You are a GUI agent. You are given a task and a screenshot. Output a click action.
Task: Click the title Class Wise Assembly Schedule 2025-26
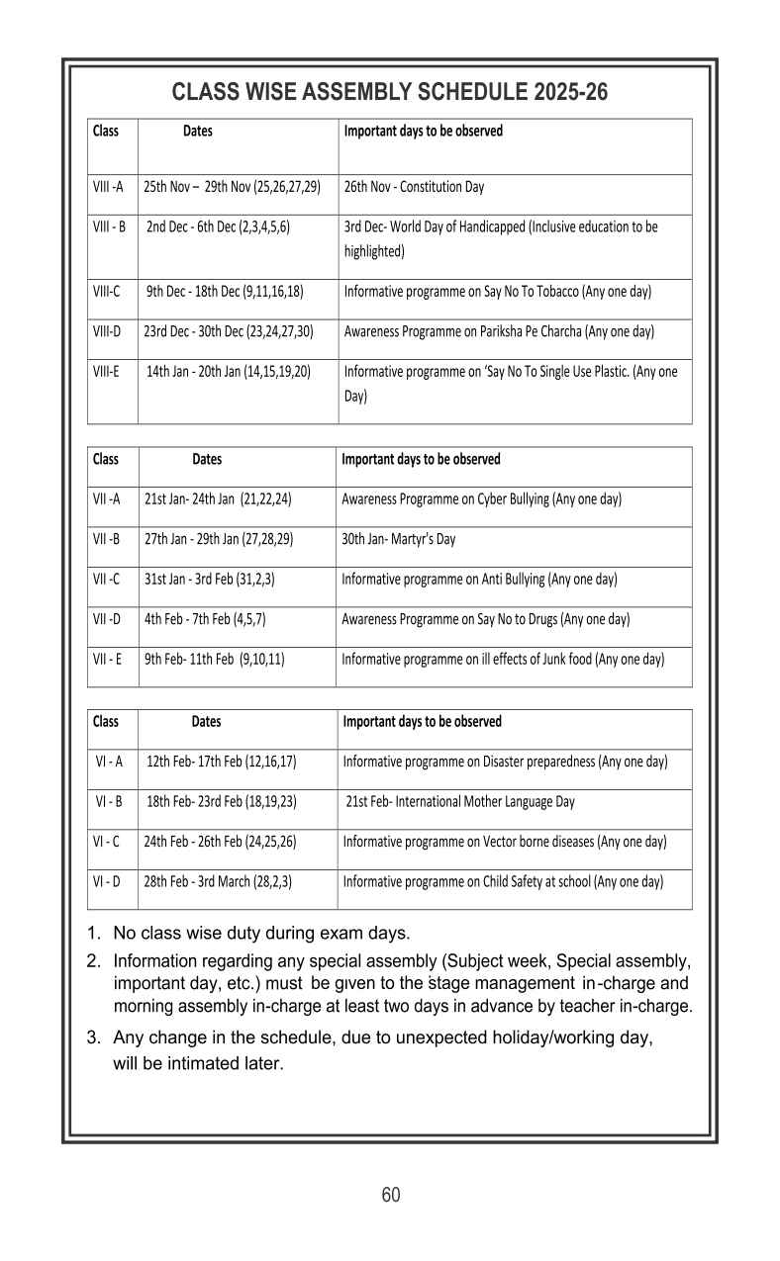coord(389,93)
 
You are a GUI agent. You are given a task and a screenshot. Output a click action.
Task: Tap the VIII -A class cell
coord(108,186)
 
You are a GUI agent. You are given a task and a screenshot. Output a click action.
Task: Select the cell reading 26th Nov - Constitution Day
coord(414,186)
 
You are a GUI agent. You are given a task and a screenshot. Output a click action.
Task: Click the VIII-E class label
coord(107,372)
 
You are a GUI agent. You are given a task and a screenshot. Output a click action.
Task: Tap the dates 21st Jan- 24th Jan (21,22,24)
coord(218,499)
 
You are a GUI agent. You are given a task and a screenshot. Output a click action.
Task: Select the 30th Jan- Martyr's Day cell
coord(399,539)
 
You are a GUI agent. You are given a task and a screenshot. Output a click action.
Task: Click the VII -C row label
coord(106,579)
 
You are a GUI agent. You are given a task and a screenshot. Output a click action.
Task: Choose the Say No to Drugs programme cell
coord(486,619)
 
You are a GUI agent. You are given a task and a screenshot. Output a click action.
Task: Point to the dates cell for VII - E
coord(215,659)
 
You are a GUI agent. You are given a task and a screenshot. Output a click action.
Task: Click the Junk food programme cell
coord(503,659)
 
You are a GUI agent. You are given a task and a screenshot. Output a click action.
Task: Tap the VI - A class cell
coord(108,762)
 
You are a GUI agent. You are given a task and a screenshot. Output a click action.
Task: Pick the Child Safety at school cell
coord(503,881)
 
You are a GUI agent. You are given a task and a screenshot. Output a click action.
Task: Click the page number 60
coord(391,1195)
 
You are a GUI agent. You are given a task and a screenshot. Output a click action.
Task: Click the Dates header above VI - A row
coord(206,722)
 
